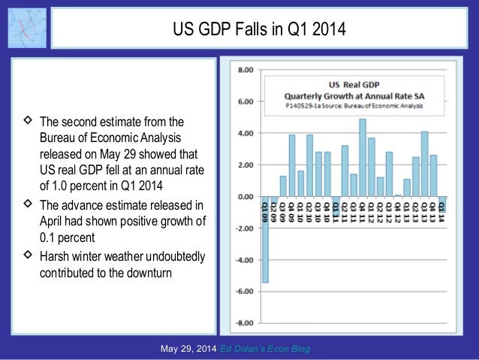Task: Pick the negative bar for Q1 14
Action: pos(442,204)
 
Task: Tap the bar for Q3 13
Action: pos(424,164)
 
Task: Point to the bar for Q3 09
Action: pos(283,186)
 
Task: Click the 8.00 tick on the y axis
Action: pos(245,69)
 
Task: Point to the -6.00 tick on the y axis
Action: pos(243,292)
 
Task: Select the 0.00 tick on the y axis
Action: pos(245,196)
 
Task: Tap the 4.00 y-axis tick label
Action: pos(245,133)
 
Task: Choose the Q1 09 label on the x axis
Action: pos(265,207)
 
